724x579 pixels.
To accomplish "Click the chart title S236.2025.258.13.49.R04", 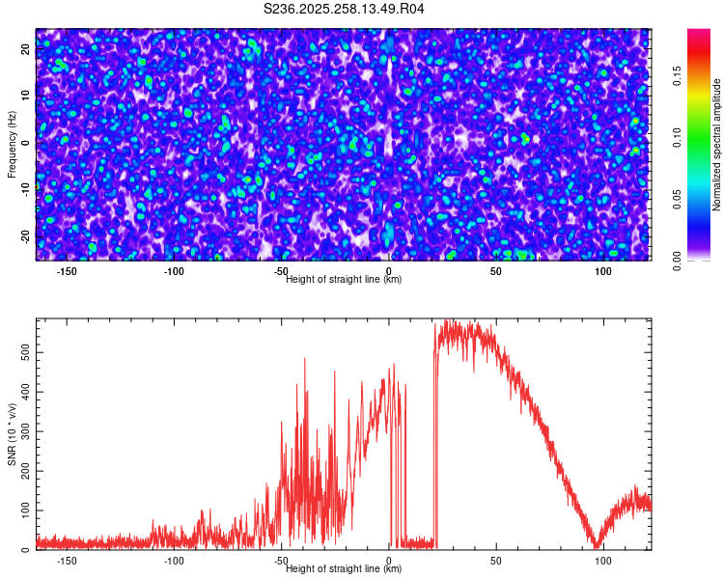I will coord(344,9).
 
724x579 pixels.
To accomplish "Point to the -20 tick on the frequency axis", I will coord(26,235).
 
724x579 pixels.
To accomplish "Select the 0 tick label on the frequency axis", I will coord(26,143).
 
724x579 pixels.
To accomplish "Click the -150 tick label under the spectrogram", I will coord(67,272).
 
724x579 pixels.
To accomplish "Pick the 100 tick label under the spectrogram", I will coord(603,272).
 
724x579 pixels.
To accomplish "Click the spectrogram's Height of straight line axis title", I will coord(344,280).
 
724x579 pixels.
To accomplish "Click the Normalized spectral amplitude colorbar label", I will coord(717,145).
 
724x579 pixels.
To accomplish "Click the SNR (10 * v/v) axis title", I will coord(13,434).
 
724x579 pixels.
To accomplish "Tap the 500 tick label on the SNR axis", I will coord(26,353).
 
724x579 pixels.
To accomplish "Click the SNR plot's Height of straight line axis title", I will coord(344,569).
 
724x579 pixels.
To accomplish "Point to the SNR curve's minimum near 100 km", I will coord(599,546).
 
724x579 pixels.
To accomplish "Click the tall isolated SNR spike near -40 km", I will coord(305,360).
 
